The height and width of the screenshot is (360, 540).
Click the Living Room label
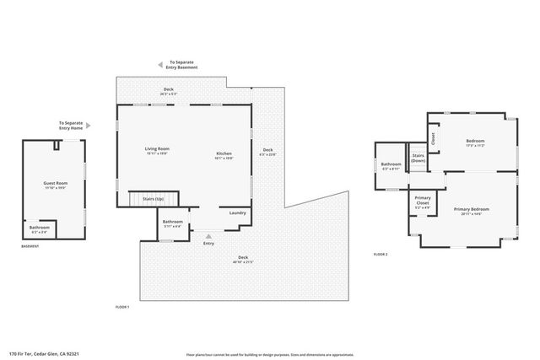[x=158, y=150]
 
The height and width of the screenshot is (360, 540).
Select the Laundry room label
[x=237, y=212]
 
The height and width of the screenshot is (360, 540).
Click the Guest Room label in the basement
[x=56, y=184]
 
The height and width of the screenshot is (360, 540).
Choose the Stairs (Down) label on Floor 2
[x=418, y=158]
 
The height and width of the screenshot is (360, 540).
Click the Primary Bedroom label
[x=471, y=211]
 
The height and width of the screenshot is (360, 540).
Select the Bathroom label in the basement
[x=40, y=228]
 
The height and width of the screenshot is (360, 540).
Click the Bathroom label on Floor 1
[x=171, y=223]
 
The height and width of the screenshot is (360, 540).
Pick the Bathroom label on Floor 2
[x=391, y=166]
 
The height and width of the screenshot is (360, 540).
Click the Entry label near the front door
[x=208, y=244]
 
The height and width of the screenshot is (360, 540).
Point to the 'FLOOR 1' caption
[x=122, y=307]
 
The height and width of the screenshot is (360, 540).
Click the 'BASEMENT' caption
[x=31, y=246]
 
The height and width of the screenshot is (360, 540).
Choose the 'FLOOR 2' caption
[x=381, y=254]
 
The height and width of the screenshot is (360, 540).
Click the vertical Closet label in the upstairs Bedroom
[x=433, y=137]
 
